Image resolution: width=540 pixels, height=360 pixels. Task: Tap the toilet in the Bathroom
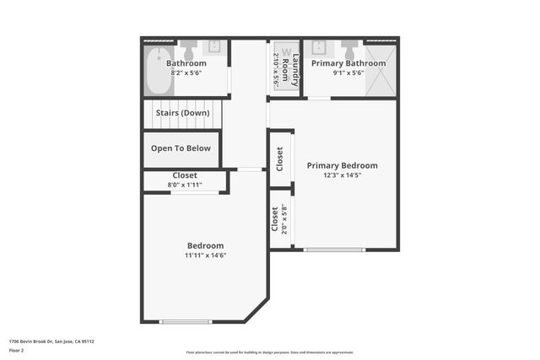188,45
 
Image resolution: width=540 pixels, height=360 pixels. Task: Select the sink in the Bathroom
215,46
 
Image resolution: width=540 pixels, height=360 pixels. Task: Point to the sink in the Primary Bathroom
320,46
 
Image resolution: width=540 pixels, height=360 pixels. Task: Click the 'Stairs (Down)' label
182,112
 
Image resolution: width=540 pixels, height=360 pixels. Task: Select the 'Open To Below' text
181,148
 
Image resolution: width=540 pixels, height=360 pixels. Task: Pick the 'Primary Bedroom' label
342,165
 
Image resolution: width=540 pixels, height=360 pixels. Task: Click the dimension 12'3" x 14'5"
342,175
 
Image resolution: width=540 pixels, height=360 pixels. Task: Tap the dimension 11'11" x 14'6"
206,255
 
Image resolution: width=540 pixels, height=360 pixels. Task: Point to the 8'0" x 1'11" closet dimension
185,184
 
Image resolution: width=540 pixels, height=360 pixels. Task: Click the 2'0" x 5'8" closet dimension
284,220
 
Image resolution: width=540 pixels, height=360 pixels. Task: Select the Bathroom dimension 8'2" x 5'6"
186,73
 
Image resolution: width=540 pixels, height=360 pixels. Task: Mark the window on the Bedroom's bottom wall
186,321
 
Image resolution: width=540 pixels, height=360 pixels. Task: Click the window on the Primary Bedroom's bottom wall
334,250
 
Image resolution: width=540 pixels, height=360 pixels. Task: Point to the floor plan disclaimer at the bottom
269,352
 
